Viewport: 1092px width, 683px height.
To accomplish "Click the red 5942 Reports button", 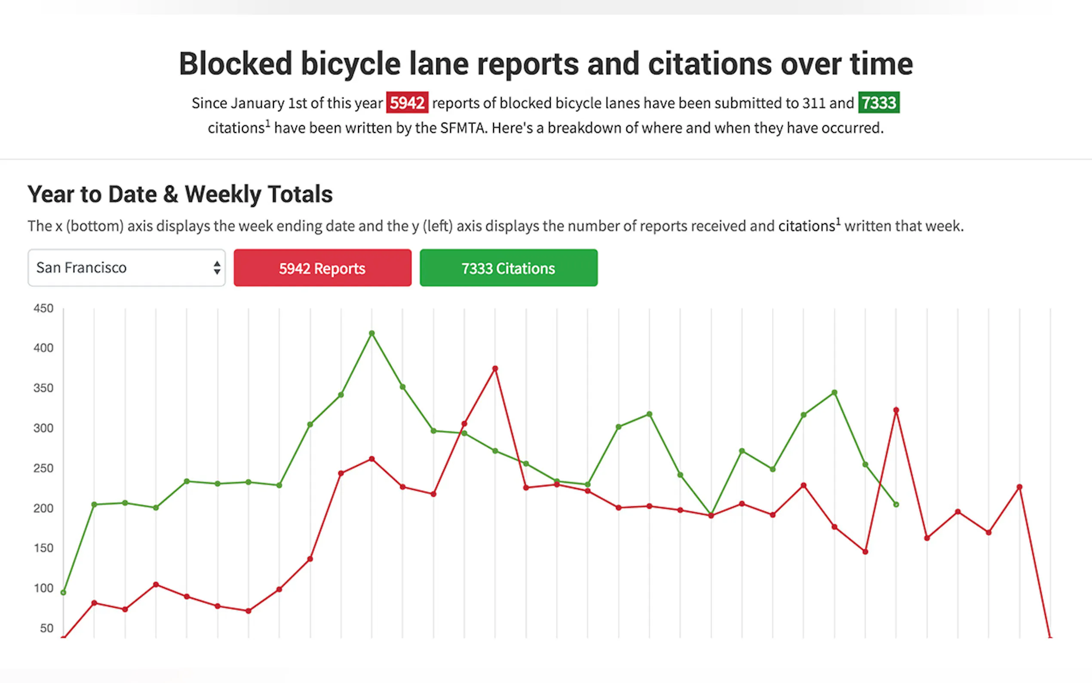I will pyautogui.click(x=322, y=268).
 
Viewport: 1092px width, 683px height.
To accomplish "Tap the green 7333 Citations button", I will pyautogui.click(x=508, y=268).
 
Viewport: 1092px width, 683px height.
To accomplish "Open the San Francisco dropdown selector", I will pyautogui.click(x=126, y=268).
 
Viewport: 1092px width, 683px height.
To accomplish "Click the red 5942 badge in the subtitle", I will pyautogui.click(x=407, y=103).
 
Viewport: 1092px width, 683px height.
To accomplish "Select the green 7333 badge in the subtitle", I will pyautogui.click(x=878, y=103).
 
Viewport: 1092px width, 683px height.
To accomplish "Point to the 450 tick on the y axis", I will pyautogui.click(x=43, y=308).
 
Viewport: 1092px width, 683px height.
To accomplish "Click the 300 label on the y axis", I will pyautogui.click(x=43, y=428).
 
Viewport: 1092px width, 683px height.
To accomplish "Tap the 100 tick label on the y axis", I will pyautogui.click(x=43, y=588).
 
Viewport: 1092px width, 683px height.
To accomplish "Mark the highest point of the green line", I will pyautogui.click(x=371, y=333).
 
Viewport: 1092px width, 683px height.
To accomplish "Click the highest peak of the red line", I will pyautogui.click(x=495, y=369).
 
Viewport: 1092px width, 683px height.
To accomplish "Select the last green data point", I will pyautogui.click(x=896, y=505).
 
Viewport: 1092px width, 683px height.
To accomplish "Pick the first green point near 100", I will pyautogui.click(x=63, y=592).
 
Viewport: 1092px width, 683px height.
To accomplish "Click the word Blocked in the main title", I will pyautogui.click(x=235, y=64).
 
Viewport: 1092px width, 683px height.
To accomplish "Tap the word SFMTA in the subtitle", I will pyautogui.click(x=463, y=128).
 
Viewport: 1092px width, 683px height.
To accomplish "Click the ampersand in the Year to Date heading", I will pyautogui.click(x=171, y=195).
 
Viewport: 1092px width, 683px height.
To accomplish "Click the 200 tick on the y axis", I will pyautogui.click(x=43, y=508).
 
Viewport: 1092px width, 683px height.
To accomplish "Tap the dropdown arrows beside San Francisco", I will pyautogui.click(x=217, y=268).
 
